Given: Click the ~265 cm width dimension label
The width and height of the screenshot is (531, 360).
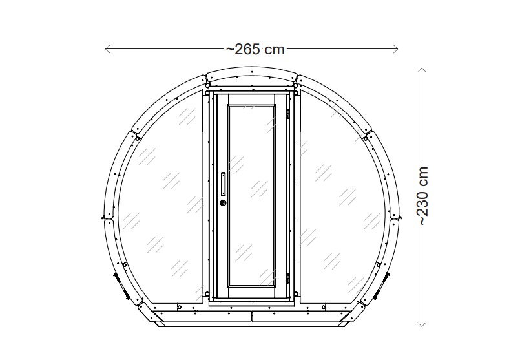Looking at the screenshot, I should pyautogui.click(x=255, y=49).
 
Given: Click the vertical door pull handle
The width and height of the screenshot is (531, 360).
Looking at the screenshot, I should pyautogui.click(x=224, y=184).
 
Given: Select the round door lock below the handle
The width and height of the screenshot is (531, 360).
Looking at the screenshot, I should pyautogui.click(x=224, y=203).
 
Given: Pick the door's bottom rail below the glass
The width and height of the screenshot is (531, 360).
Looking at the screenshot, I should pyautogui.click(x=252, y=291).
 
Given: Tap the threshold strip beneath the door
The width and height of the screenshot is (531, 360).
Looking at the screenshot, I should pyautogui.click(x=252, y=302).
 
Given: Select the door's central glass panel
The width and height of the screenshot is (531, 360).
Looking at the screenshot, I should pyautogui.click(x=252, y=194).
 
